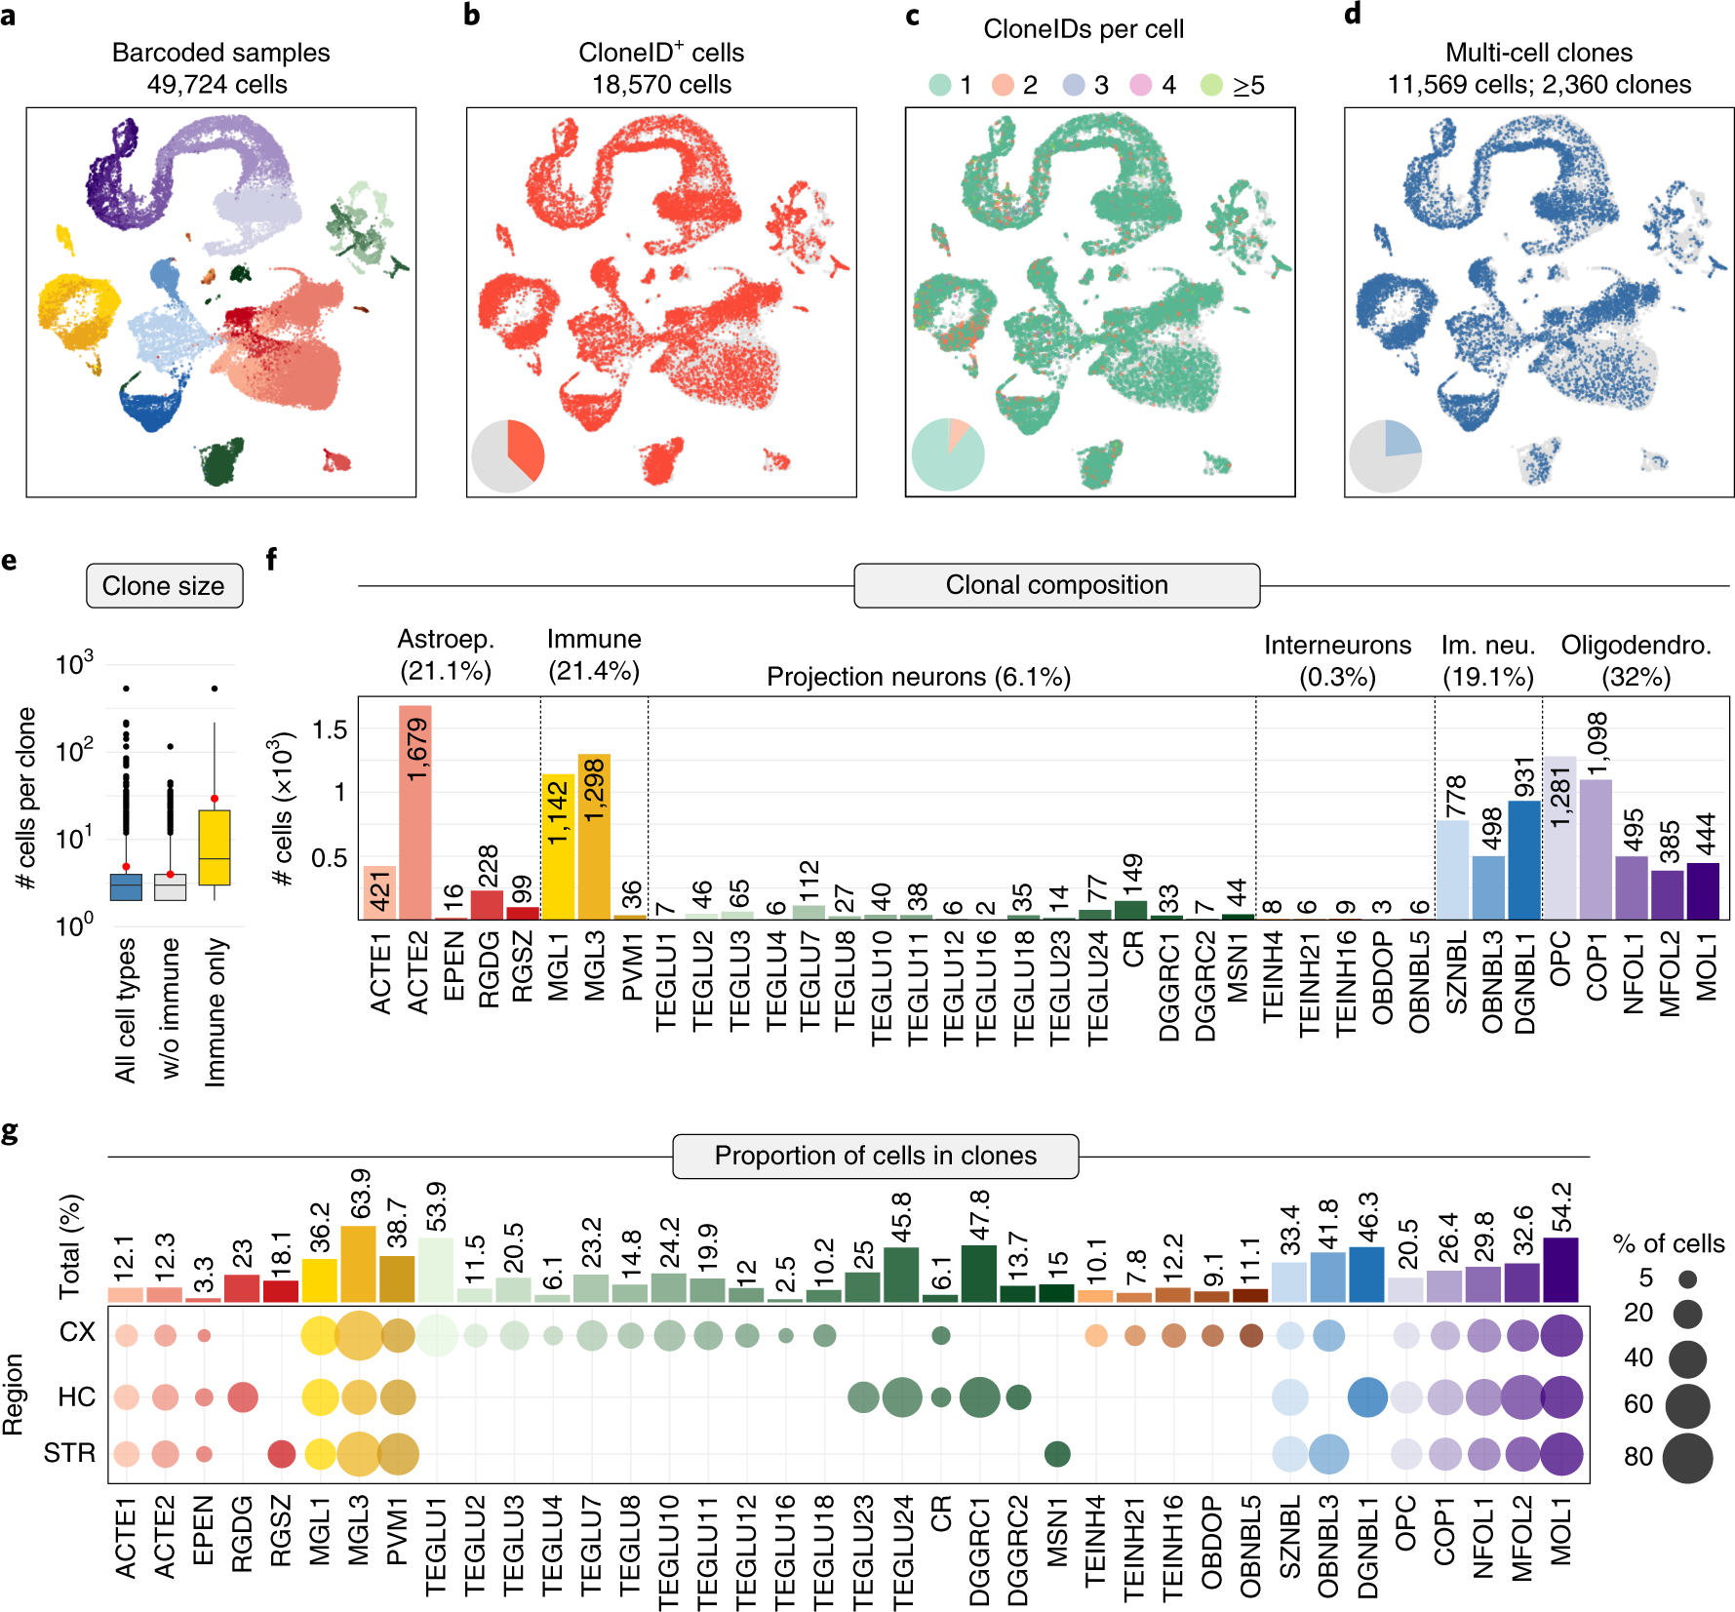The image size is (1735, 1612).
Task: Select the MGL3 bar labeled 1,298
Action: [594, 839]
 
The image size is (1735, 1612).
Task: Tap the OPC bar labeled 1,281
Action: [1559, 839]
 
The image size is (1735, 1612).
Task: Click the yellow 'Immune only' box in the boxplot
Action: [215, 847]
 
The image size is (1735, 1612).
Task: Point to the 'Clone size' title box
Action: [164, 586]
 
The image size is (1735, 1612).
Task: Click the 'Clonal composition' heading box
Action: [1056, 585]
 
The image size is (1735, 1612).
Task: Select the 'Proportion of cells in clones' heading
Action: [875, 1156]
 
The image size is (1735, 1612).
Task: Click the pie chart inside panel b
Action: [507, 456]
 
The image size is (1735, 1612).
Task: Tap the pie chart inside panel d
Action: [1385, 456]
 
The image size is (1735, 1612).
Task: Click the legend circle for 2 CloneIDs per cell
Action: [1003, 85]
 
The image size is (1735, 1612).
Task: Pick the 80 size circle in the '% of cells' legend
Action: [1687, 1458]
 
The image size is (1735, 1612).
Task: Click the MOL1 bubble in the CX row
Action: [1561, 1335]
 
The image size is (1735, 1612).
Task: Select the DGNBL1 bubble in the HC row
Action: [1367, 1397]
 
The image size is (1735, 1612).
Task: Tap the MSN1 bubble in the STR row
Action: [1057, 1454]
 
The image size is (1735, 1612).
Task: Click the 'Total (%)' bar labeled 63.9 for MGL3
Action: [359, 1265]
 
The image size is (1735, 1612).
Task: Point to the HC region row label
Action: [76, 1397]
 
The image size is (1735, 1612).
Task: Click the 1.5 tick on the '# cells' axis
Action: [330, 729]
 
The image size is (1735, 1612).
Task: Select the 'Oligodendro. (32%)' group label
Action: [1636, 660]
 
